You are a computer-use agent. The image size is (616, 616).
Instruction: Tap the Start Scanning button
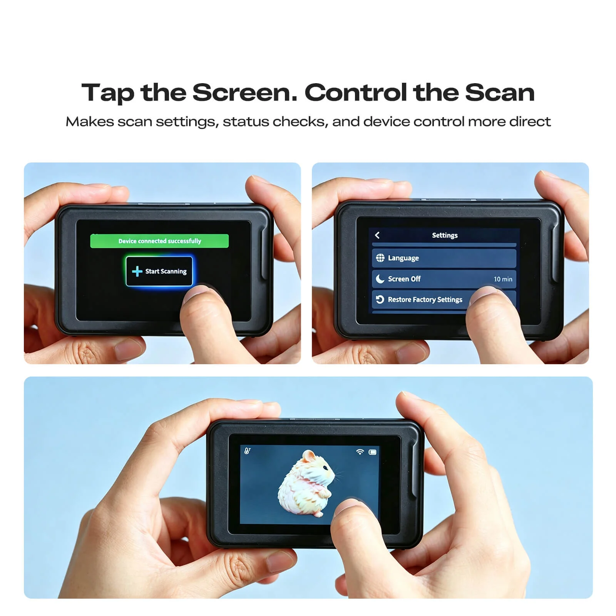(x=159, y=271)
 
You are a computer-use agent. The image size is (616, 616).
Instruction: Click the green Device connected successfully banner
(x=159, y=241)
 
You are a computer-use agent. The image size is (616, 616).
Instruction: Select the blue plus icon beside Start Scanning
(x=137, y=271)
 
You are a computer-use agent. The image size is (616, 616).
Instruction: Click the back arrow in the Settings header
(x=377, y=235)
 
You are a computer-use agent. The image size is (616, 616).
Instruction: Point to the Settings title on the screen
(x=445, y=235)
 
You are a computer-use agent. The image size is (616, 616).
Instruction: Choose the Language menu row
(x=444, y=258)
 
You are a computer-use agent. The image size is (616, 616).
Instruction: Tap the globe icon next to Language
(x=380, y=258)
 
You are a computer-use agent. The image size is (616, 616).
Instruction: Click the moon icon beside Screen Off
(x=380, y=279)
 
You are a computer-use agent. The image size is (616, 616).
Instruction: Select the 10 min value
(x=503, y=279)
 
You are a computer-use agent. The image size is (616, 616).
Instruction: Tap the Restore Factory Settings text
(x=425, y=300)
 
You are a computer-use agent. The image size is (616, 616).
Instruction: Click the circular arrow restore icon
(x=380, y=300)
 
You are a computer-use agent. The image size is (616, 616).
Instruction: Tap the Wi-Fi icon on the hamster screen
(x=360, y=452)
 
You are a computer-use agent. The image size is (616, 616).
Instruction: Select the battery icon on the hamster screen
(x=372, y=452)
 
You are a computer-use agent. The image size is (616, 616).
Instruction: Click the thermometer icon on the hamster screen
(x=247, y=450)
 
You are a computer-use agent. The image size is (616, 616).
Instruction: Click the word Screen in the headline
(x=245, y=93)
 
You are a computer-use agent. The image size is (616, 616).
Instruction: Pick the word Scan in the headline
(x=500, y=93)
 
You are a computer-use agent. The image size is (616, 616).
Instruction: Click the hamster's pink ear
(x=308, y=457)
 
